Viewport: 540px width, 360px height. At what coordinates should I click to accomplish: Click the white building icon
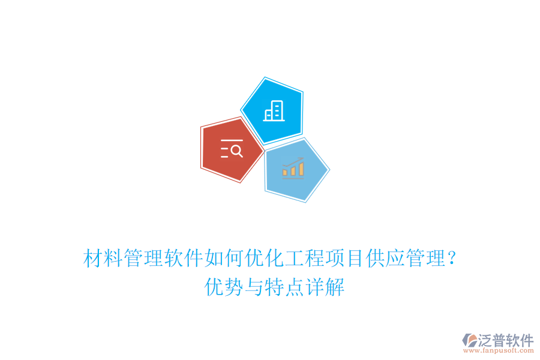274,110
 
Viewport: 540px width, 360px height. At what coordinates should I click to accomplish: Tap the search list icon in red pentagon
232,148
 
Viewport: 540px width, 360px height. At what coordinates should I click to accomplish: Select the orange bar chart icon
293,167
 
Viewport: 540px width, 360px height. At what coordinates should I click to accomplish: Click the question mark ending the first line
452,260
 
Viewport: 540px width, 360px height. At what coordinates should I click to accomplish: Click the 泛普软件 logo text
505,340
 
